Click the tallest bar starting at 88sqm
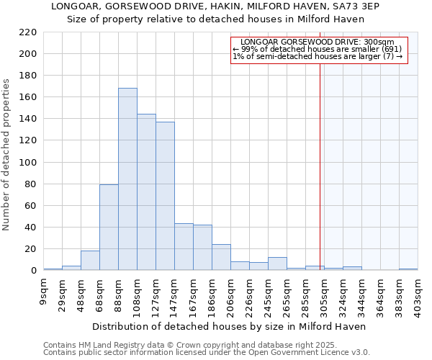tap(127, 179)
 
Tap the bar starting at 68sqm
tap(109, 228)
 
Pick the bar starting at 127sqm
tap(165, 196)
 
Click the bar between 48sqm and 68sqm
tap(90, 261)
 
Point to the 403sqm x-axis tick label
tap(418, 294)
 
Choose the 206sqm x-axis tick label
tap(231, 294)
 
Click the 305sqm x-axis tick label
tap(325, 294)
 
